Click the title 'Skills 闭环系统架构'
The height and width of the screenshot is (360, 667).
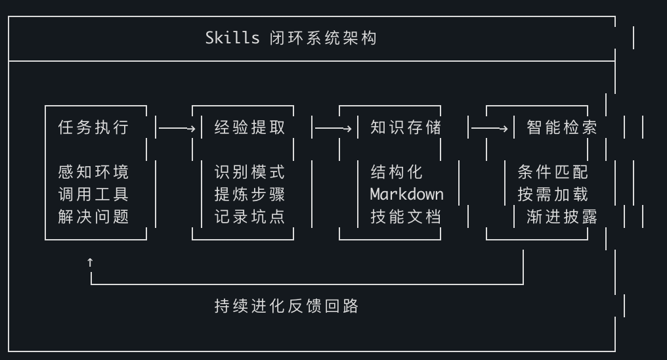pos(291,37)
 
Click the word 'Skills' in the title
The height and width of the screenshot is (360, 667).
pos(232,37)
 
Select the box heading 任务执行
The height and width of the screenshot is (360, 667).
pos(93,127)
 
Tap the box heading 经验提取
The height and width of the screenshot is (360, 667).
pos(250,127)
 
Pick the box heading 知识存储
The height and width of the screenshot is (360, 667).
pos(406,127)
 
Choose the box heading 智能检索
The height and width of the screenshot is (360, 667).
pos(562,127)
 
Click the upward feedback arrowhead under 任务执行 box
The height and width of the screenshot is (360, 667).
pos(90,261)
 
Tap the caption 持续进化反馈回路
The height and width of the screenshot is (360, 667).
pos(286,306)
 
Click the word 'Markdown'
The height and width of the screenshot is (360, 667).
pos(406,194)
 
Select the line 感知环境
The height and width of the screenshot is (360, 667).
pos(93,172)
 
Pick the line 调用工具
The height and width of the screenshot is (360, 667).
pos(93,194)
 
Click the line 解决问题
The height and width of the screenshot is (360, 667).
pos(93,217)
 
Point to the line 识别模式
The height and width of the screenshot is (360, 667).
pos(250,172)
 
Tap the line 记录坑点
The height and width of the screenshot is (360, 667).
pos(250,217)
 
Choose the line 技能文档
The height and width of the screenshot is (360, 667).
pos(406,217)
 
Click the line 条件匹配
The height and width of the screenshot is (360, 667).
pos(553,172)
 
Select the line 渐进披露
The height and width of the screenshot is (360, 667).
pos(562,217)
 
